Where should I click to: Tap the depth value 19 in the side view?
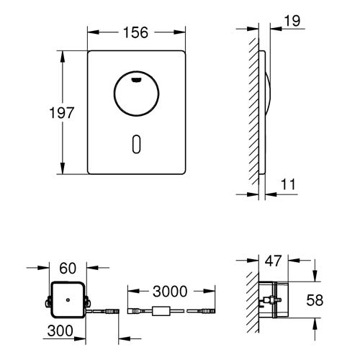292,22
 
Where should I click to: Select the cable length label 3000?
171,292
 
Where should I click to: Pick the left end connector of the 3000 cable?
135,312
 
